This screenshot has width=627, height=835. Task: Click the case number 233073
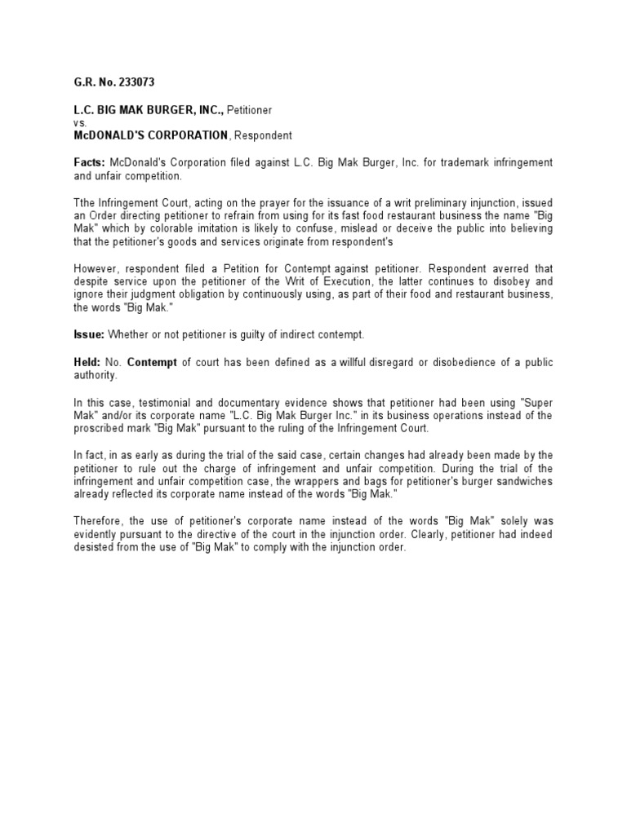136,82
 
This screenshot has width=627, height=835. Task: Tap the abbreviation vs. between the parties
79,121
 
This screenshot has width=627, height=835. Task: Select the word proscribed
102,428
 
